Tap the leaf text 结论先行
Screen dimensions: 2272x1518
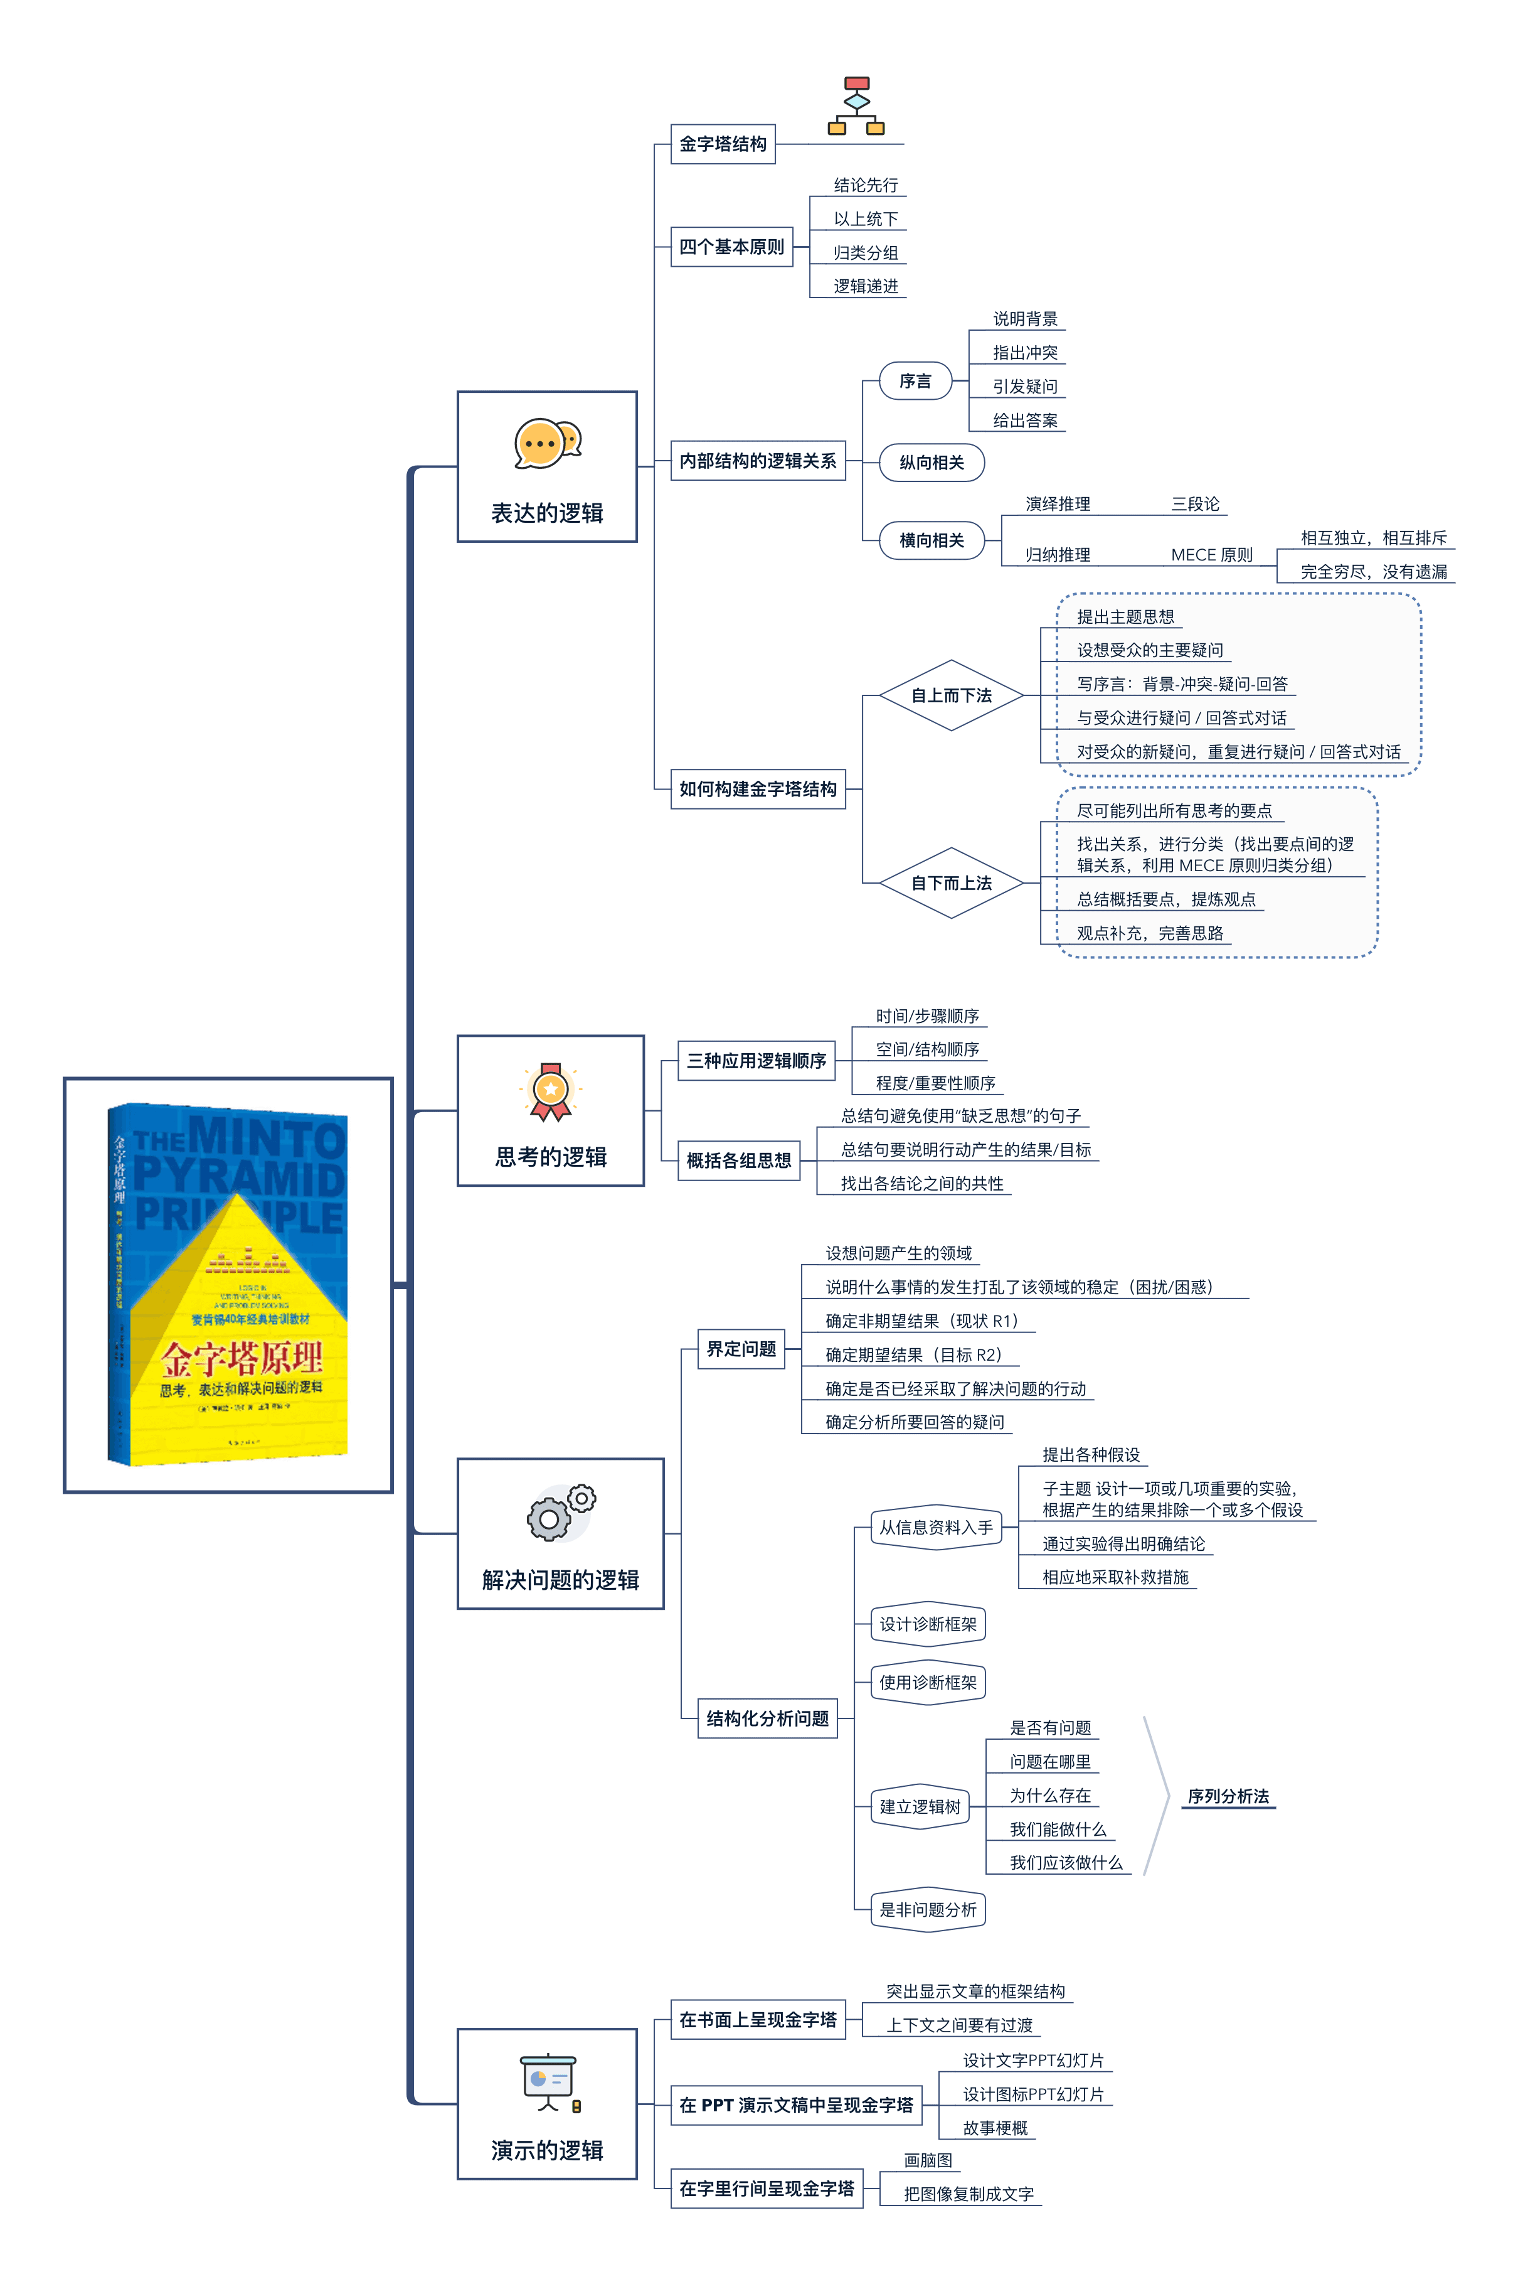(x=866, y=185)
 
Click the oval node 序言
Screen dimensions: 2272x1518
(x=915, y=382)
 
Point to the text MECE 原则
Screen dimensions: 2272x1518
(x=1211, y=555)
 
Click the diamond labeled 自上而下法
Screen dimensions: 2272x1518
(x=951, y=695)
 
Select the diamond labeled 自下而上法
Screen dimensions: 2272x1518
(x=951, y=883)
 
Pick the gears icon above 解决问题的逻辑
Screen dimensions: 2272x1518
(x=561, y=1513)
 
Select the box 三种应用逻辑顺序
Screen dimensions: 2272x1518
(x=756, y=1061)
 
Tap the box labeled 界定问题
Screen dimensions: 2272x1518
(x=741, y=1349)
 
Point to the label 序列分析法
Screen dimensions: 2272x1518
(x=1228, y=1796)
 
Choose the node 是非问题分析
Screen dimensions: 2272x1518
(x=928, y=1910)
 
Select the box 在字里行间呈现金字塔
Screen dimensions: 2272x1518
(x=766, y=2189)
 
